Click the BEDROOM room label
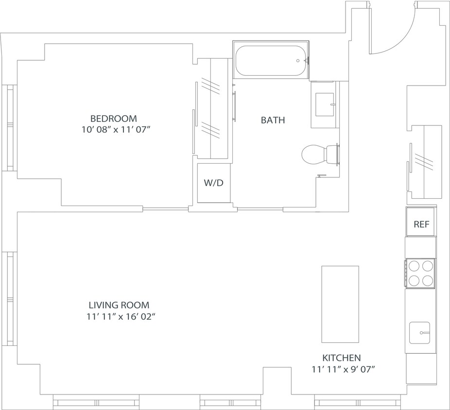(x=114, y=118)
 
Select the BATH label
(x=273, y=120)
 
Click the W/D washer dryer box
(x=214, y=183)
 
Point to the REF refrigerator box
(x=421, y=224)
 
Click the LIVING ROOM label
(x=119, y=305)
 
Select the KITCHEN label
(x=343, y=358)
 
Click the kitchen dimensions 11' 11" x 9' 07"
(x=343, y=369)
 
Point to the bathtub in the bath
(x=270, y=61)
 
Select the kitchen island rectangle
(x=340, y=304)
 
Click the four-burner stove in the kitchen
(x=421, y=273)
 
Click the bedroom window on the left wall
(x=9, y=127)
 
